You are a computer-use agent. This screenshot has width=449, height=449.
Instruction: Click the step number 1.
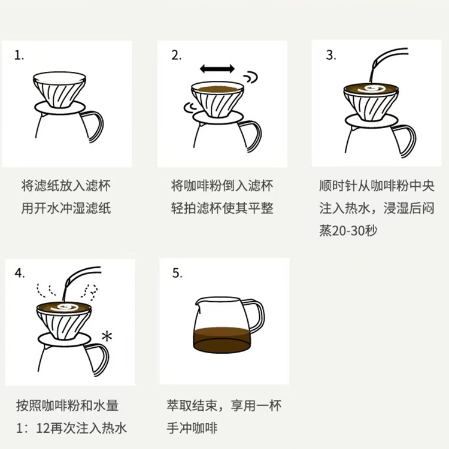pos(19,55)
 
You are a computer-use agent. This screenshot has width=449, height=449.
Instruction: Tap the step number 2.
pos(177,55)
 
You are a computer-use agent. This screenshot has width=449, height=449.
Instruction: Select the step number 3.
pos(331,55)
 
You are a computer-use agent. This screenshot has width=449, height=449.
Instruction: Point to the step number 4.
pos(20,273)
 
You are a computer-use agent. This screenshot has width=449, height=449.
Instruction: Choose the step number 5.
pos(177,273)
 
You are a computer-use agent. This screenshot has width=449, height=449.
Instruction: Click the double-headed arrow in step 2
pos(217,69)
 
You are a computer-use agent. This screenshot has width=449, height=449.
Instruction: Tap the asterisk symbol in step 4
pos(107,336)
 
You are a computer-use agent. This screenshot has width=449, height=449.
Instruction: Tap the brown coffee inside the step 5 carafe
pos(222,340)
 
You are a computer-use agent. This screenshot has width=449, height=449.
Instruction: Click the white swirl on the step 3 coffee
pos(370,89)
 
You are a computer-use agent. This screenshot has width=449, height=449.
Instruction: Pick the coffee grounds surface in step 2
pos(218,89)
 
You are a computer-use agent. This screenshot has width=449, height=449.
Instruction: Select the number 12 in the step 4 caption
pos(43,428)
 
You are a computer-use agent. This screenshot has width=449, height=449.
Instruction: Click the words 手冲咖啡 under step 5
pos(192,428)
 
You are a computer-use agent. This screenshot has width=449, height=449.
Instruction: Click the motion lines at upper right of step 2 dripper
pos(251,77)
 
